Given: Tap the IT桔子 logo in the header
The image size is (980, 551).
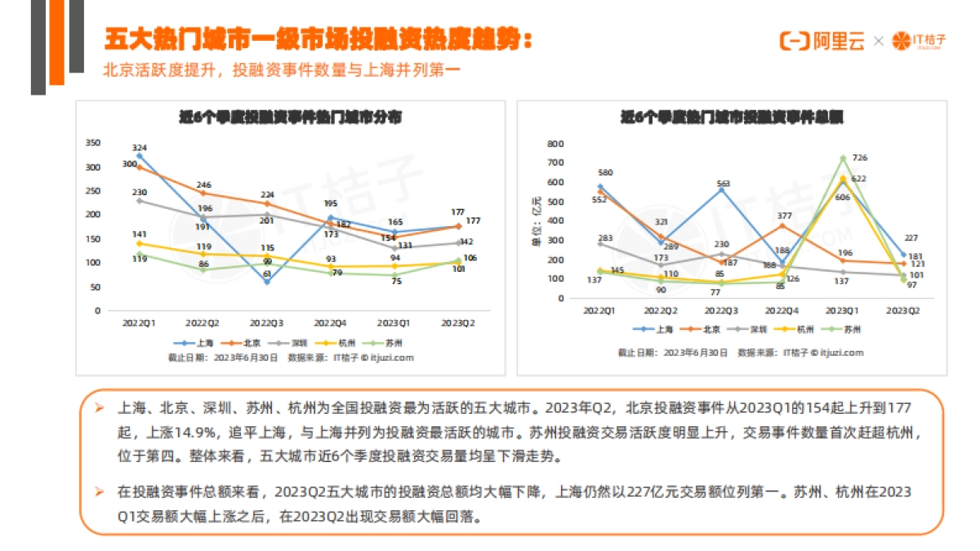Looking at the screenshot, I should (x=920, y=41).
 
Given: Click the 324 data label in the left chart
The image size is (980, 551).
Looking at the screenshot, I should (x=139, y=147).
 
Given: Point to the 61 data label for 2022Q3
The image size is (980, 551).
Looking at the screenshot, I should (x=266, y=275).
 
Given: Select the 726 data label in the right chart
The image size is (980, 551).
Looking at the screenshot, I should (x=859, y=158).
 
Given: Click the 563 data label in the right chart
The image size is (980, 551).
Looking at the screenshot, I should (x=723, y=184).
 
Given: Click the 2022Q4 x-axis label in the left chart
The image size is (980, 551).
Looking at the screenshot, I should (x=331, y=323).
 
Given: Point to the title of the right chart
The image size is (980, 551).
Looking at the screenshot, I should (x=732, y=118).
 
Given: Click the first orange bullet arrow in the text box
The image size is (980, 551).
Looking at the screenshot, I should (x=99, y=406).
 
